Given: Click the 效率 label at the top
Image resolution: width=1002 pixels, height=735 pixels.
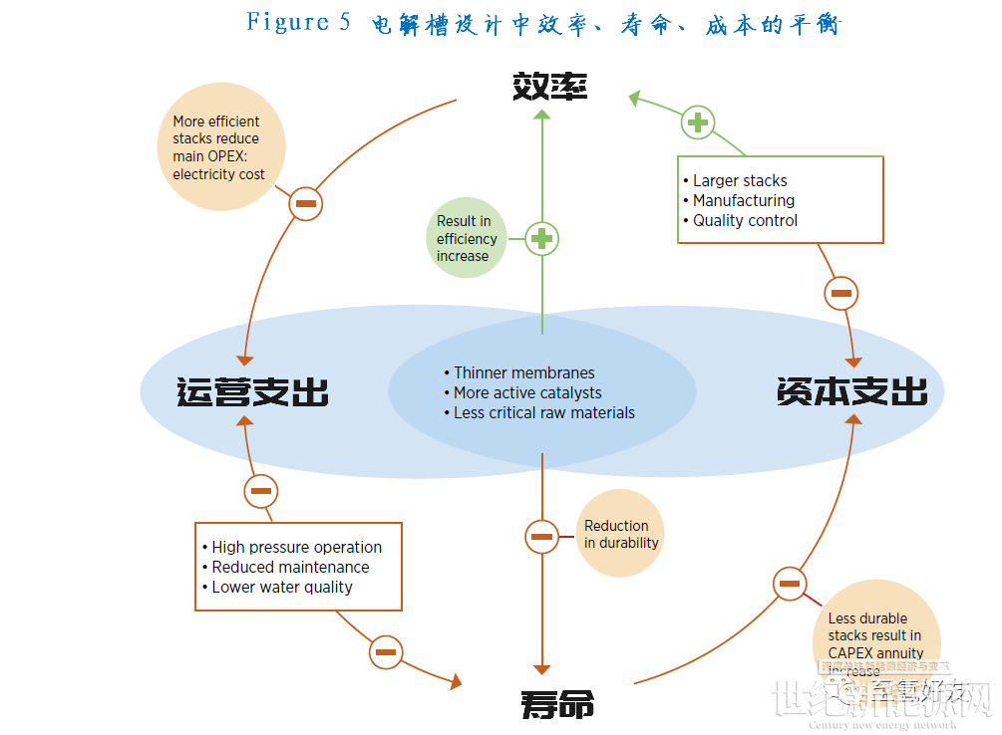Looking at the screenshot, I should pos(549,86).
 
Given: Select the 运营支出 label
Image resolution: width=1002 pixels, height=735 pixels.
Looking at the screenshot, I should pos(252,391).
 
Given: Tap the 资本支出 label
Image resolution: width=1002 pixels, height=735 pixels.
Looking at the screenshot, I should pos(851,390).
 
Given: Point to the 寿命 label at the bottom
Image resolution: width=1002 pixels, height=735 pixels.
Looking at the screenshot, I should pos(557,704).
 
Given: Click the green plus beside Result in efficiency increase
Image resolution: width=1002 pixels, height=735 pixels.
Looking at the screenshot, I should pos(541,239).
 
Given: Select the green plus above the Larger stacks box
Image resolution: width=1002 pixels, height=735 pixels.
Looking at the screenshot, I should pos(697,122).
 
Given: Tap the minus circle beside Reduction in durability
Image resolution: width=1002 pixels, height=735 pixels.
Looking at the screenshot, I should pos(541,537).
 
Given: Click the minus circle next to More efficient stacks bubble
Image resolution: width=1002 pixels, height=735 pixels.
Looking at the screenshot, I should pos(306,204).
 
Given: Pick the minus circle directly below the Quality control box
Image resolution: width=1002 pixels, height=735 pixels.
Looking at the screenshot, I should pos(840,294).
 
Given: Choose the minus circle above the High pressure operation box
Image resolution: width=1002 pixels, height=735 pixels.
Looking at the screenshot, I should pos(261,491).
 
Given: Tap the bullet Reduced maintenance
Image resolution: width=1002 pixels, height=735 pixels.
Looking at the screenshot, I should pos(290,567).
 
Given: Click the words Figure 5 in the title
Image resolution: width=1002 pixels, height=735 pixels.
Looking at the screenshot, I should pos(298,22).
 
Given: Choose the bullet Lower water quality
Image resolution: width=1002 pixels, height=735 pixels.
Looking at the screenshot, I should pos(282,587).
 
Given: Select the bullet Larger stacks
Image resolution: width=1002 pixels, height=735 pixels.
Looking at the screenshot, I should pos(740,180).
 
